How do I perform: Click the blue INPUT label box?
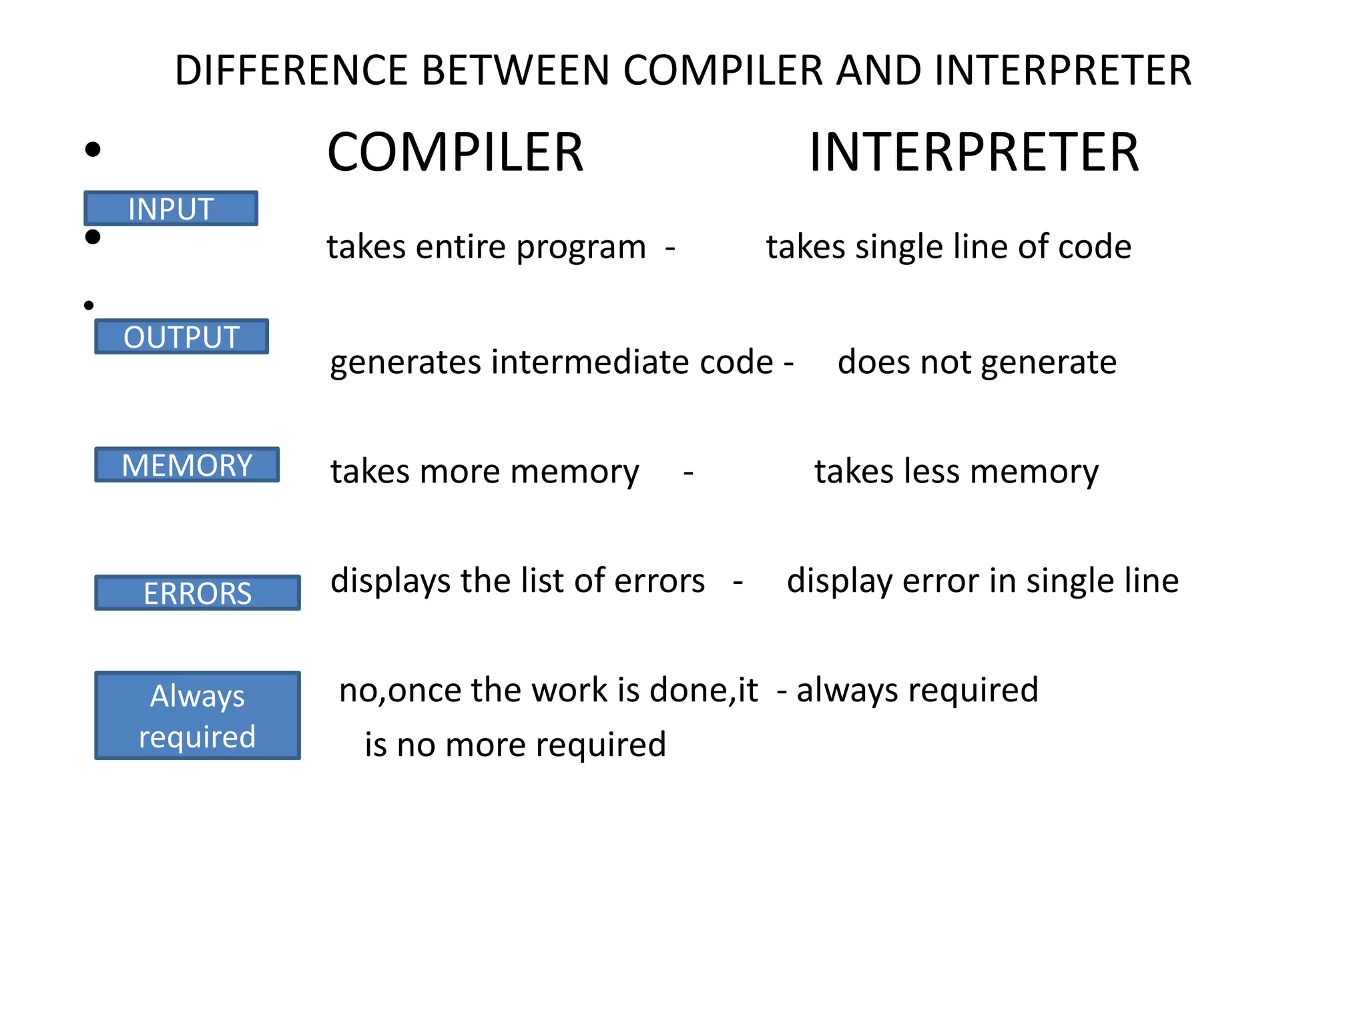(x=171, y=209)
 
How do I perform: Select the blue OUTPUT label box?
(x=182, y=337)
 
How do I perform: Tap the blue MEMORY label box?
(x=187, y=465)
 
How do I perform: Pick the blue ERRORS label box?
(x=198, y=593)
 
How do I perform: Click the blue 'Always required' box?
(x=198, y=715)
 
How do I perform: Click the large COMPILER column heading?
(x=455, y=153)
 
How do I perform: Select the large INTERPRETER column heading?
(x=974, y=153)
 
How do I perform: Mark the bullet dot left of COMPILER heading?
(x=93, y=149)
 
